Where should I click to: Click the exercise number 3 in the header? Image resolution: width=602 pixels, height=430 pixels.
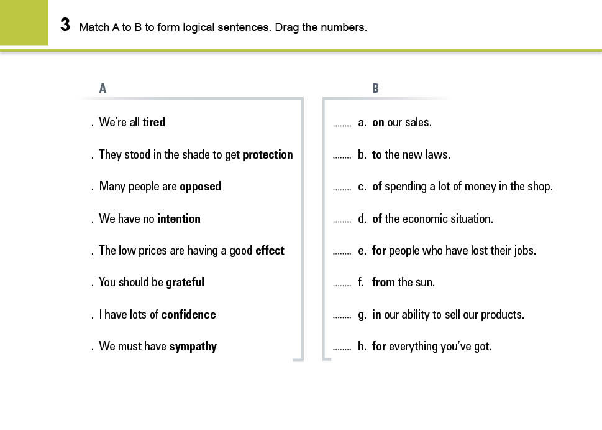pos(65,26)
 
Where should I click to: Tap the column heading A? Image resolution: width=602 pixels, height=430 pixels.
pos(103,88)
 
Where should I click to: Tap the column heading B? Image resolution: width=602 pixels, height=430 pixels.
pos(375,88)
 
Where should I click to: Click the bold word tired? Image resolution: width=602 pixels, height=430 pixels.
pos(153,123)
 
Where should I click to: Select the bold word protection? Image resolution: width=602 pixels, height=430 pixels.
pos(267,155)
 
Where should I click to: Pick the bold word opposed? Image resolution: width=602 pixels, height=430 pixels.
pos(200,187)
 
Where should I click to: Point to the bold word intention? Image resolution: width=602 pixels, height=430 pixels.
pos(179,219)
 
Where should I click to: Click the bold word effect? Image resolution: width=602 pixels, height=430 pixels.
pos(270,251)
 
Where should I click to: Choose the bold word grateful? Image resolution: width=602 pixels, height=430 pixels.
pos(185,283)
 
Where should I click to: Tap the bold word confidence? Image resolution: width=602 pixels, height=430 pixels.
pos(188,315)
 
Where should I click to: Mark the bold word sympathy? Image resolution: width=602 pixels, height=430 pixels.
pos(193,347)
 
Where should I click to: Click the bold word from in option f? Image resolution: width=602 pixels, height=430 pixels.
pos(383,283)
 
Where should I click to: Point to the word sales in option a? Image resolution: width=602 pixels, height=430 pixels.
pos(417,123)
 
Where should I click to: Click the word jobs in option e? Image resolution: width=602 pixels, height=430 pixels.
pos(522,251)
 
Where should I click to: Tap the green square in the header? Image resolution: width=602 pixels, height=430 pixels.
pos(24,22)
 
